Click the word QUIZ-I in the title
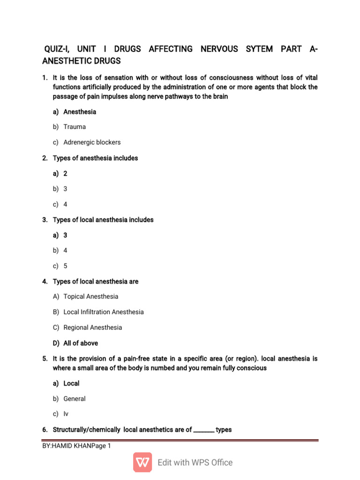(x=57, y=49)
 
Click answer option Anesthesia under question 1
(x=80, y=112)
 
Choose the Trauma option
(x=75, y=127)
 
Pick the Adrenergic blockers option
(x=92, y=142)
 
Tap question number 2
(x=45, y=158)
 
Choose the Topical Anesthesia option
(x=90, y=296)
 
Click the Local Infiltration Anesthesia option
(x=103, y=312)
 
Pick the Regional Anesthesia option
(x=92, y=327)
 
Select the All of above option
(x=81, y=343)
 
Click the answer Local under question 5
(x=71, y=383)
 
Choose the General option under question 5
(x=75, y=398)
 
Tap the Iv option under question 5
(x=66, y=414)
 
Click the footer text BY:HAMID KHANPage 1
(x=76, y=446)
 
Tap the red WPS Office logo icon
(x=142, y=462)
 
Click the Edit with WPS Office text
(x=195, y=463)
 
